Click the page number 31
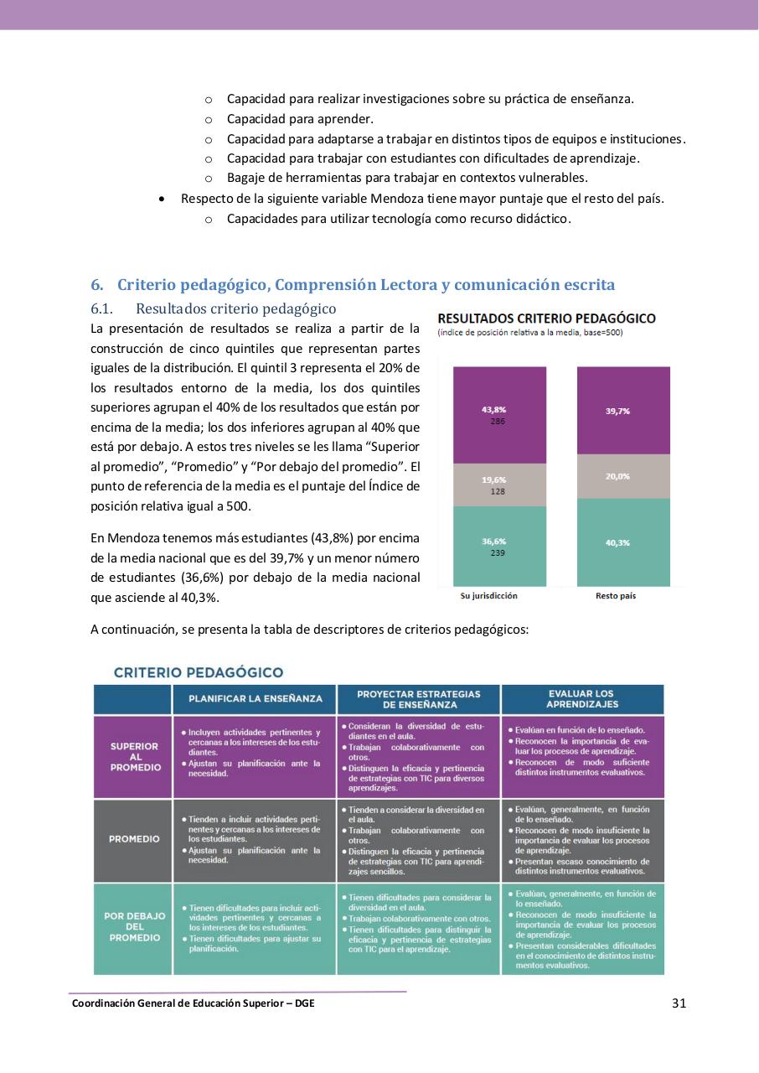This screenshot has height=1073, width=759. coord(679,1003)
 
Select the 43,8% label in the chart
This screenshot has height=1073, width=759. coord(493,410)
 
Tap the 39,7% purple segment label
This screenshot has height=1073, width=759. coord(617,412)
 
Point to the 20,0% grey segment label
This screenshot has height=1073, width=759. coord(617,476)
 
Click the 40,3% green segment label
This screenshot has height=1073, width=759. coord(617,543)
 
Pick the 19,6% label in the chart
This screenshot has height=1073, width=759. coord(493,479)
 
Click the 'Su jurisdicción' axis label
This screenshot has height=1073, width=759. coord(489,596)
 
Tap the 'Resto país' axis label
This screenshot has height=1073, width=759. coord(616,596)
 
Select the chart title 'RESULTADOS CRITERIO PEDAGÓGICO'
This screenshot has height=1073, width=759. coord(546,319)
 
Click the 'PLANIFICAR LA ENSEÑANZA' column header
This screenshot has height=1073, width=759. coord(255,698)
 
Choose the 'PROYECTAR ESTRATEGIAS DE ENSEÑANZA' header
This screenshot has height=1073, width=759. coord(418,699)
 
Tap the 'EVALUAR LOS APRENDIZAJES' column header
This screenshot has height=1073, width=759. coord(581,699)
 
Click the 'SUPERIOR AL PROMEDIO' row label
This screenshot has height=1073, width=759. coord(134,757)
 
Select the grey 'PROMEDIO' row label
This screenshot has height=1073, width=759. coord(134,839)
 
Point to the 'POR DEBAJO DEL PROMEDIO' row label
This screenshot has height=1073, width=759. coord(134,927)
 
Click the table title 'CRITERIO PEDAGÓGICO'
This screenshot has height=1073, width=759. coord(199,672)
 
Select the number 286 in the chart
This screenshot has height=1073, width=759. coord(498,421)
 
